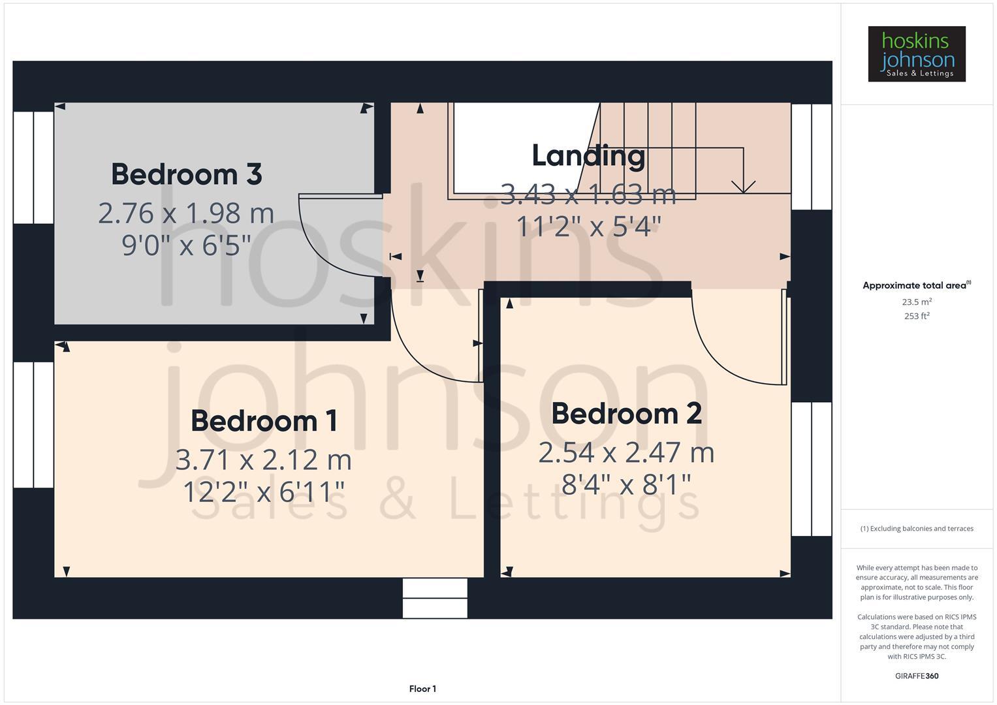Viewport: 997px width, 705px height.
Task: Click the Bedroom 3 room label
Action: click(x=186, y=174)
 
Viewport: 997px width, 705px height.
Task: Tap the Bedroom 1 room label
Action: click(x=264, y=421)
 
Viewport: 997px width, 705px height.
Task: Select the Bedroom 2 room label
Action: click(x=626, y=414)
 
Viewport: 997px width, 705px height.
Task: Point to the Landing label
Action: click(x=588, y=155)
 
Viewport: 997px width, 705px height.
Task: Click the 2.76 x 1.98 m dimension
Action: click(x=186, y=213)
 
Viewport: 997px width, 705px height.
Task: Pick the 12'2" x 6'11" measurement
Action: click(x=264, y=492)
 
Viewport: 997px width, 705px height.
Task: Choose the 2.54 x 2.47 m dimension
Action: click(x=626, y=452)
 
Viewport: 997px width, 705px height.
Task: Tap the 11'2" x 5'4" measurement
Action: click(x=588, y=227)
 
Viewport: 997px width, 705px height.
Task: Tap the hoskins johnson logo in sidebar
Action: click(x=916, y=54)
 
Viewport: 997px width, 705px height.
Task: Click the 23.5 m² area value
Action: click(x=916, y=302)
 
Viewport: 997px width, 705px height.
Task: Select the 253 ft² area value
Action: click(x=916, y=316)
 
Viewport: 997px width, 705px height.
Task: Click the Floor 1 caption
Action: click(x=422, y=689)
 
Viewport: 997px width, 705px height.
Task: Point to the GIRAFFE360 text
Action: click(x=916, y=676)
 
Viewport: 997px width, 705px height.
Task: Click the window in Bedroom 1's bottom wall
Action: click(x=435, y=598)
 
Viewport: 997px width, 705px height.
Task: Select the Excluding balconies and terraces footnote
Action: click(x=916, y=529)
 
